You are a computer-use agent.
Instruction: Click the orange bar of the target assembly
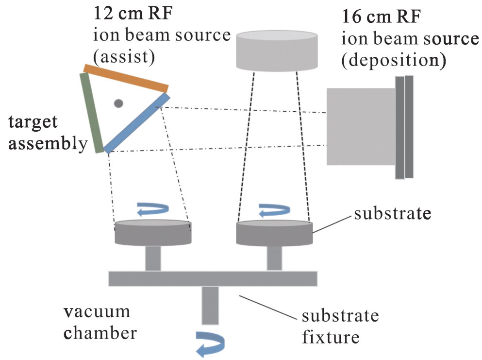(x=126, y=78)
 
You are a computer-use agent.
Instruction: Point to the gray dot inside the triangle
(x=118, y=103)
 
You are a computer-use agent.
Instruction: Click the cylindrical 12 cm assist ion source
(x=276, y=50)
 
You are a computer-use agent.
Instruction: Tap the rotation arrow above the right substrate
(x=274, y=209)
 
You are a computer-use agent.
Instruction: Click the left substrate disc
(x=153, y=233)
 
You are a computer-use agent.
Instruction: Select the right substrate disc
(x=274, y=233)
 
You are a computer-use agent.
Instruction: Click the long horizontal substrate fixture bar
(x=213, y=278)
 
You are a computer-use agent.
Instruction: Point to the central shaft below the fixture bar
(x=211, y=305)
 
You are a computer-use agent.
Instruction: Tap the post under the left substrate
(x=153, y=257)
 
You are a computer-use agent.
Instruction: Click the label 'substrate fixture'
(x=340, y=326)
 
